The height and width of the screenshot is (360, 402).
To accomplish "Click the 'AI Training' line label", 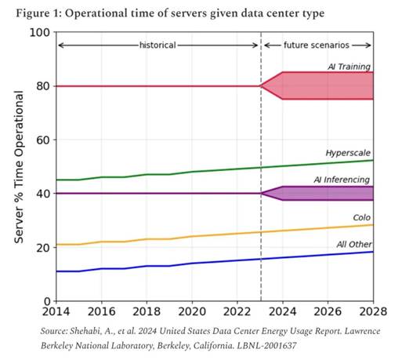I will click(349, 67).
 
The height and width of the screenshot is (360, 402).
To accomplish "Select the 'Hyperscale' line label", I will click(348, 152).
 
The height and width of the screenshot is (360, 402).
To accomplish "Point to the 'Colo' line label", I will click(361, 218).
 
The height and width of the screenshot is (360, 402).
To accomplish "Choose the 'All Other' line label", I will click(353, 245).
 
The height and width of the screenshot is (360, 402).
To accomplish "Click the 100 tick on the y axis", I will click(40, 32).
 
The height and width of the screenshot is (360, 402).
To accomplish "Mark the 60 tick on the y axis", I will click(43, 140).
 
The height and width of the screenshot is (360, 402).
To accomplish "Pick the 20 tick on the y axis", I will click(43, 247).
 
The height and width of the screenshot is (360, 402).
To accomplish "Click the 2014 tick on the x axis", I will click(55, 310).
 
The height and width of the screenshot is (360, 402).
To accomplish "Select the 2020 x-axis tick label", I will click(191, 310).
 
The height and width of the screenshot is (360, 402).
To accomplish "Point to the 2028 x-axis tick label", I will click(371, 310).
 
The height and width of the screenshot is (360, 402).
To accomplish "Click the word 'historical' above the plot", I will click(158, 45).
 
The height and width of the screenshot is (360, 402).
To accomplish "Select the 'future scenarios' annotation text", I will click(317, 45).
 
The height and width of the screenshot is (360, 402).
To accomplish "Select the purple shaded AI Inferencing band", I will click(329, 193).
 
